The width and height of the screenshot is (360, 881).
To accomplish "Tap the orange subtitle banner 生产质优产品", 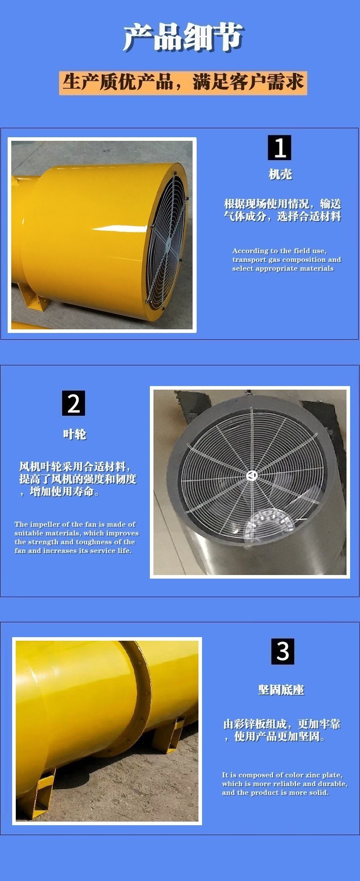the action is [183, 83].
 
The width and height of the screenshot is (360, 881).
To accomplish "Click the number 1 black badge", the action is [279, 148].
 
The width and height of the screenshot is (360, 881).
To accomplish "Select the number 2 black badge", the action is [73, 403].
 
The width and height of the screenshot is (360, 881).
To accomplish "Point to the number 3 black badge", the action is [283, 651].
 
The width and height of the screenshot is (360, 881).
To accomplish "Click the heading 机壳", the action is [280, 174].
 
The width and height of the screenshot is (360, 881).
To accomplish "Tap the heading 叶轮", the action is [74, 434].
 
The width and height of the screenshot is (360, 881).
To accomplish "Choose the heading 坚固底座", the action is [281, 690].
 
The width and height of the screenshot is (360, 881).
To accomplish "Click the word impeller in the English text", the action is [45, 525].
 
